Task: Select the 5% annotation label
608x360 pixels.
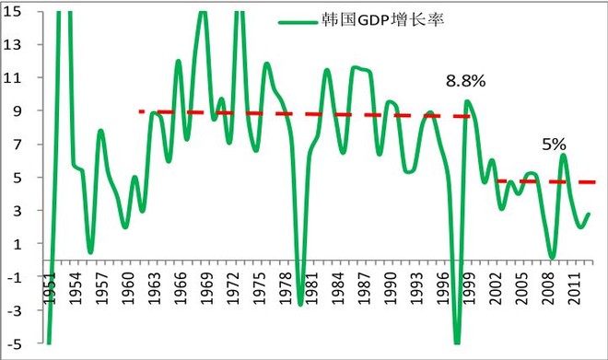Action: pos(554,145)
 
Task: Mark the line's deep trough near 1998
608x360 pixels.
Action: pos(457,342)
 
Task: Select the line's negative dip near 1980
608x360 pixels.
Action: pos(300,303)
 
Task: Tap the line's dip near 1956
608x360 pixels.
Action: pos(90,251)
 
